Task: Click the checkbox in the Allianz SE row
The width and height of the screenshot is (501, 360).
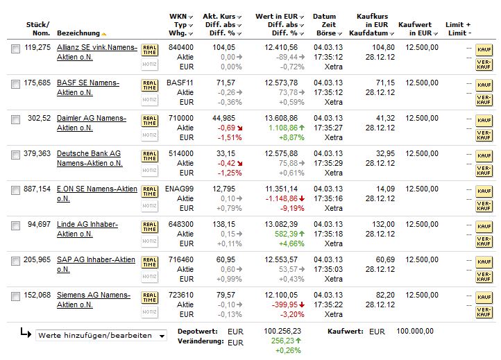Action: click(15, 49)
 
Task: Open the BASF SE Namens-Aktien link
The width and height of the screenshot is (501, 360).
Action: click(88, 87)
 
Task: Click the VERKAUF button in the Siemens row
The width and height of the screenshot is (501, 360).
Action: click(484, 311)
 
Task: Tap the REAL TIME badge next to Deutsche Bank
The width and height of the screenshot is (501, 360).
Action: click(149, 156)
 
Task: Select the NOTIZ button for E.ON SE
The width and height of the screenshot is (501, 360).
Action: click(149, 206)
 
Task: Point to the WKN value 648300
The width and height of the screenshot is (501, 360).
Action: click(181, 224)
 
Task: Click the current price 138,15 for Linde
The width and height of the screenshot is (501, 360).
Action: click(223, 224)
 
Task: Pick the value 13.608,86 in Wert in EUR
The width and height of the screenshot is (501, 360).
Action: click(281, 118)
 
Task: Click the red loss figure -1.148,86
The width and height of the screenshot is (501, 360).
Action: click(282, 198)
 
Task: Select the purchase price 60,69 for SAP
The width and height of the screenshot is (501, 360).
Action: click(385, 259)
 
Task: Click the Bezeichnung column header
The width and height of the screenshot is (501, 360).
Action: click(78, 33)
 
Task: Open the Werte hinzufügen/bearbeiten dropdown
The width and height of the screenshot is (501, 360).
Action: click(101, 336)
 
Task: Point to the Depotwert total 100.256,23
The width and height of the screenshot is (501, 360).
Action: click(282, 331)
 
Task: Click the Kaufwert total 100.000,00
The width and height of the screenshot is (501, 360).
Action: click(415, 331)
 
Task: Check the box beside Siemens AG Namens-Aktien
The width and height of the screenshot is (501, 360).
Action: click(15, 296)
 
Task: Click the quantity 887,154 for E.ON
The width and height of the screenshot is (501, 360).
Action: click(37, 189)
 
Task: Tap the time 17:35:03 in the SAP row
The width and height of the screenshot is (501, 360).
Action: click(328, 269)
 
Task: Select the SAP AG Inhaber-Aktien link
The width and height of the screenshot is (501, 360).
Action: click(96, 264)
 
